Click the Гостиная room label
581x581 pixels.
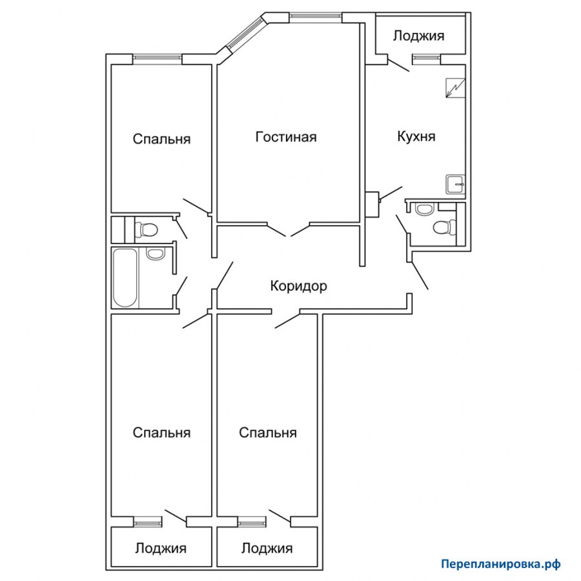286,137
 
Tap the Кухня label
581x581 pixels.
416,136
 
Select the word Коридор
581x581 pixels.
299,286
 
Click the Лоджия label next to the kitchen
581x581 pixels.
419,36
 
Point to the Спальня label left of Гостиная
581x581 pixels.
161,139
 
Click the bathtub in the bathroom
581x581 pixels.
125,278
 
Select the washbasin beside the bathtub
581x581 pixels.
155,254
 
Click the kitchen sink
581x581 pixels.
456,184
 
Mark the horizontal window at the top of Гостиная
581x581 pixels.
315,15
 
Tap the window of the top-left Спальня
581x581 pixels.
158,57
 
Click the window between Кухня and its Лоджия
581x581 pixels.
427,57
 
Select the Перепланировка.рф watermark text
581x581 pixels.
500,564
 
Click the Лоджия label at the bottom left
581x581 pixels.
161,548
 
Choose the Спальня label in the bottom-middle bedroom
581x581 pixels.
268,433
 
